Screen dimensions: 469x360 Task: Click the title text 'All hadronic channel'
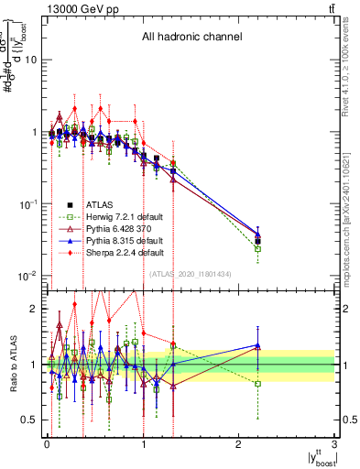tap(191, 38)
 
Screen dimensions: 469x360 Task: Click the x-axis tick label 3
tap(335, 445)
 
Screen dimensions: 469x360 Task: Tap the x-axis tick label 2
tap(239, 445)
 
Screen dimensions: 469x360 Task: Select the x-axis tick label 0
tap(47, 445)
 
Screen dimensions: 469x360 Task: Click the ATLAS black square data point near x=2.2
tap(258, 242)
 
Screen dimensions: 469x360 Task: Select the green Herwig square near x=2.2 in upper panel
tap(258, 248)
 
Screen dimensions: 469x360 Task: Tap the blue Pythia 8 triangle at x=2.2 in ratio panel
tap(258, 345)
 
